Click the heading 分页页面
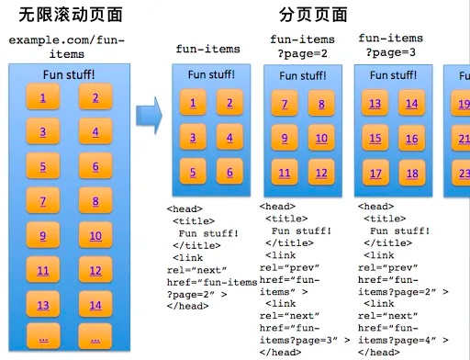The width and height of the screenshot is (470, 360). [x=314, y=16]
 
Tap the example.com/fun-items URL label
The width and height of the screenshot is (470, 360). [x=65, y=48]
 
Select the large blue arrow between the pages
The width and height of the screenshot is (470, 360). [x=148, y=114]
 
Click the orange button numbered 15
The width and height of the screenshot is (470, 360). [x=375, y=139]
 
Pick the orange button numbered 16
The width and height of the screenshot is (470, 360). [x=411, y=140]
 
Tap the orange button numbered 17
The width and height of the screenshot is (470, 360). [x=375, y=173]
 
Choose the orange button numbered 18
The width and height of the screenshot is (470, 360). [x=411, y=174]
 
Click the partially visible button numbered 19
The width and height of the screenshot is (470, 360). [x=463, y=105]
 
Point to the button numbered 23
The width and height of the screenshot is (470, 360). [x=463, y=173]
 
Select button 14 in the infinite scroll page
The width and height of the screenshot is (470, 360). [x=95, y=305]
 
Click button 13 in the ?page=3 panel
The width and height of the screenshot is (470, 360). [x=375, y=104]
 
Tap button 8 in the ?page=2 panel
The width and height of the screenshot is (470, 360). [x=321, y=104]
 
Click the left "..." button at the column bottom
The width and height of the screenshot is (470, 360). [x=43, y=339]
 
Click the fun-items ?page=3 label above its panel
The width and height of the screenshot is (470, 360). [x=390, y=45]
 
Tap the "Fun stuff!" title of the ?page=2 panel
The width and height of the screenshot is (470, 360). [x=302, y=75]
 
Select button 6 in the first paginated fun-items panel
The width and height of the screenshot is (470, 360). [x=229, y=171]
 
